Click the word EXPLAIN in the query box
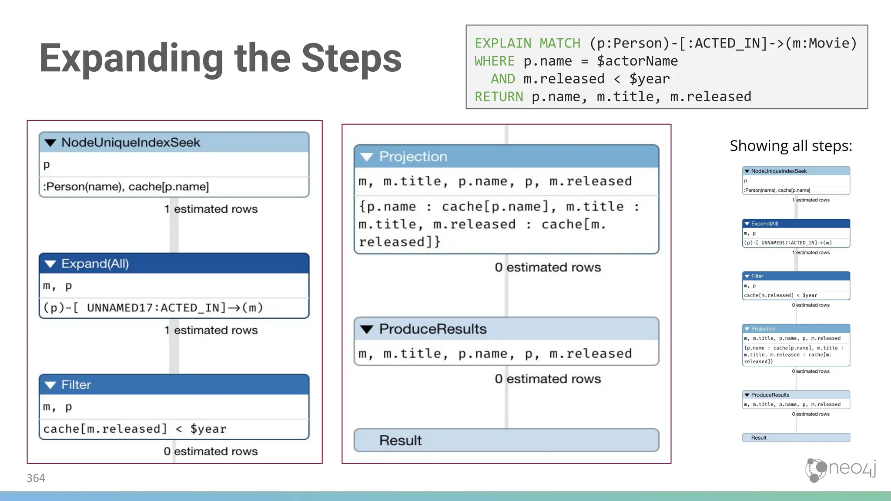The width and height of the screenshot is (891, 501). click(x=502, y=43)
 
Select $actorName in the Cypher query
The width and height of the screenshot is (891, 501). click(x=637, y=61)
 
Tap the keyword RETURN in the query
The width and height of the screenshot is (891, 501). click(x=499, y=97)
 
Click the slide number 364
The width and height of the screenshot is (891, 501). click(x=36, y=478)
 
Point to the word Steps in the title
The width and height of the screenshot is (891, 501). click(x=351, y=59)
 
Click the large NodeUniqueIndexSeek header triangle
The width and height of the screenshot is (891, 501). click(x=50, y=143)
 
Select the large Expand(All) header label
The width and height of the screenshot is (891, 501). click(x=95, y=264)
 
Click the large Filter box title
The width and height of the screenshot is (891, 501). click(x=76, y=385)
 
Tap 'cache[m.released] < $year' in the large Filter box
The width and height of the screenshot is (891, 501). click(x=135, y=429)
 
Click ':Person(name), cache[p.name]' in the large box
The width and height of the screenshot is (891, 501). click(x=126, y=187)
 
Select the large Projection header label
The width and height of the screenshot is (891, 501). click(x=413, y=157)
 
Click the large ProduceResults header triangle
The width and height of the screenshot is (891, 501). click(x=367, y=330)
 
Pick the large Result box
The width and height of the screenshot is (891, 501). click(x=506, y=441)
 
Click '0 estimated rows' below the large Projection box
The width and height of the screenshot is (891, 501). click(x=548, y=267)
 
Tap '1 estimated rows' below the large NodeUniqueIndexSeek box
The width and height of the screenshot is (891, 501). click(x=211, y=209)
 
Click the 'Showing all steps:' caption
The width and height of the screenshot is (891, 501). click(x=791, y=146)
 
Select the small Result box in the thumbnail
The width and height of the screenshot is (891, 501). click(x=796, y=438)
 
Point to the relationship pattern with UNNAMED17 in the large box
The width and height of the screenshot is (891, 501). click(x=153, y=308)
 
